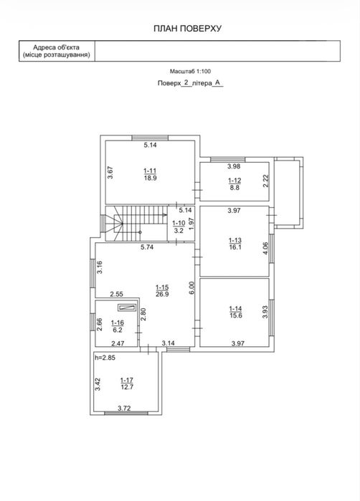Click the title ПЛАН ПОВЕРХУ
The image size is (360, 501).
(x=187, y=29)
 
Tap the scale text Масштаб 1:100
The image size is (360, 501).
(x=190, y=72)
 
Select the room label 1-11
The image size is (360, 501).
(x=150, y=171)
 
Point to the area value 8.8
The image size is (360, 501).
(x=235, y=188)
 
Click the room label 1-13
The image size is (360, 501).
(x=235, y=240)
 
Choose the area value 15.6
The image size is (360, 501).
(x=236, y=315)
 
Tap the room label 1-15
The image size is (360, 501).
(x=162, y=287)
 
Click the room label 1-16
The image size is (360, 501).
(x=118, y=323)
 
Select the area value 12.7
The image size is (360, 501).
(x=127, y=387)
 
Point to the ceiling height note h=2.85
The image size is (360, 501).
(x=105, y=358)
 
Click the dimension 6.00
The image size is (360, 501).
(x=191, y=287)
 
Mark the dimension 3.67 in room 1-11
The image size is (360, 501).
(x=110, y=173)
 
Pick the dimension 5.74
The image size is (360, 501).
(x=147, y=247)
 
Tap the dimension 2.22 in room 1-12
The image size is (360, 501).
(x=266, y=181)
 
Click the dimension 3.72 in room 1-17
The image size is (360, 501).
(x=124, y=409)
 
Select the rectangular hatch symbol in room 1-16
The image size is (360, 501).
(x=127, y=307)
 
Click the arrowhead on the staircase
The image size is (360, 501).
(x=165, y=215)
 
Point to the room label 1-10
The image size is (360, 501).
(x=179, y=223)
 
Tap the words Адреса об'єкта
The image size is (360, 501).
(x=56, y=47)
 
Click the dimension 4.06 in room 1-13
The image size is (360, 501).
(x=265, y=248)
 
